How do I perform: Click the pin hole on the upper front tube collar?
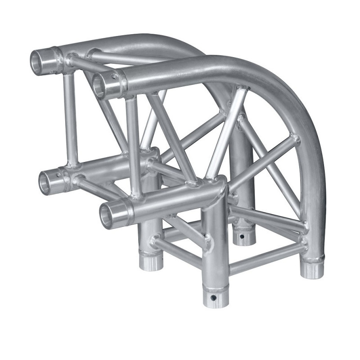pos(116,77)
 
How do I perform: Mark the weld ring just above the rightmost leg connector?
pos(313,259)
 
